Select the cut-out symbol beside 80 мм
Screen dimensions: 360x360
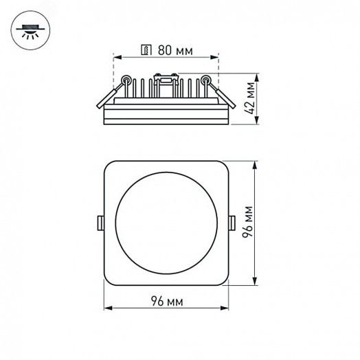(x=145, y=49)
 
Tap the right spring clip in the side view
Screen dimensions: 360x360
(x=221, y=94)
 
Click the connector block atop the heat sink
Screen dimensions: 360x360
(x=166, y=82)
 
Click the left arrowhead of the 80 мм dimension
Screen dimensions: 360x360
(x=115, y=57)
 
